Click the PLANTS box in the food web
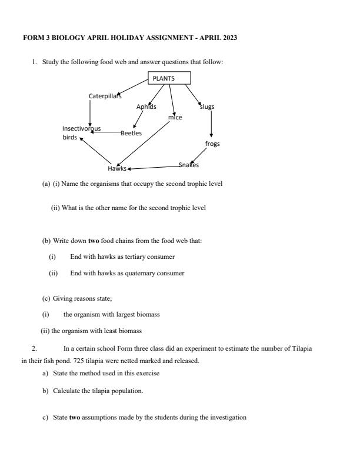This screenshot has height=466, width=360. click(x=169, y=78)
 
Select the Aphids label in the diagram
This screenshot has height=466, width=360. click(x=146, y=106)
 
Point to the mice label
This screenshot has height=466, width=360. click(x=175, y=117)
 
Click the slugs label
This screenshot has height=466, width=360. click(x=208, y=106)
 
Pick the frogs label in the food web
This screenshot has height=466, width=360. click(x=212, y=144)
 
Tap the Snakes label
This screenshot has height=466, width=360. click(x=189, y=165)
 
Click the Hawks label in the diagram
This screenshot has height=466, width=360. click(x=117, y=168)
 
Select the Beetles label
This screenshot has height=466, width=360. click(x=131, y=133)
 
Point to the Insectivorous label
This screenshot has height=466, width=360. click(x=81, y=128)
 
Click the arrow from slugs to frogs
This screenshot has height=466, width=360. click(x=211, y=124)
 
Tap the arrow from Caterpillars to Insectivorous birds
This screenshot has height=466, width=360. click(x=89, y=112)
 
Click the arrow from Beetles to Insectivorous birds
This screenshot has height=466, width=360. click(x=106, y=132)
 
